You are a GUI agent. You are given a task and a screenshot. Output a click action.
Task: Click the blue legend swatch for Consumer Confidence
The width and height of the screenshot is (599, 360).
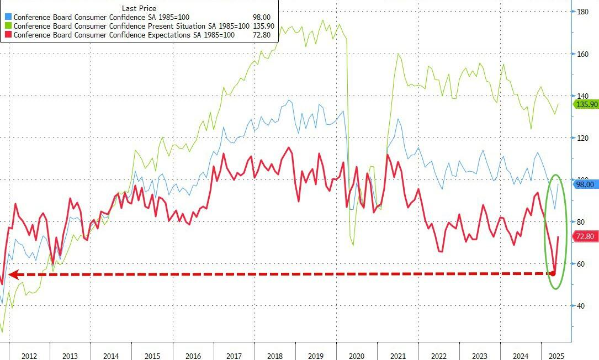[x=8, y=17]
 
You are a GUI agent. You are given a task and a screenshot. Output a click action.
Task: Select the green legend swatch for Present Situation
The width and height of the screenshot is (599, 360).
[x=8, y=26]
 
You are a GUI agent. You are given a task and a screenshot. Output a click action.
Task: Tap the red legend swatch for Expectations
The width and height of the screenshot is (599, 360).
[x=8, y=35]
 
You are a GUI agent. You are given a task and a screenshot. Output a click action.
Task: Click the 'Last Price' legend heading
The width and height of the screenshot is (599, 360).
[x=139, y=8]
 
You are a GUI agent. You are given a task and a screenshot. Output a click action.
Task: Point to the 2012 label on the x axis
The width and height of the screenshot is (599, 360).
[x=29, y=356]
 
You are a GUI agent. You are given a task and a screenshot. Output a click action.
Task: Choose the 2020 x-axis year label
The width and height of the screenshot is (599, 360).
[x=357, y=356]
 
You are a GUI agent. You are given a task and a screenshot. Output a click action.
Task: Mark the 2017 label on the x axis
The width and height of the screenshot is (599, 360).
[x=234, y=356]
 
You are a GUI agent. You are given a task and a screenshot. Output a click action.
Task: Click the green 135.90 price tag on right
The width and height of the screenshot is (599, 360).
[x=585, y=104]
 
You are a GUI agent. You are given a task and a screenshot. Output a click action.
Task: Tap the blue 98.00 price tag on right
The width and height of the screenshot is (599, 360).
[x=585, y=184]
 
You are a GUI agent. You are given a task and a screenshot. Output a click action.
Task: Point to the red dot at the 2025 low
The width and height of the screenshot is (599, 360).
[x=553, y=273]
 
